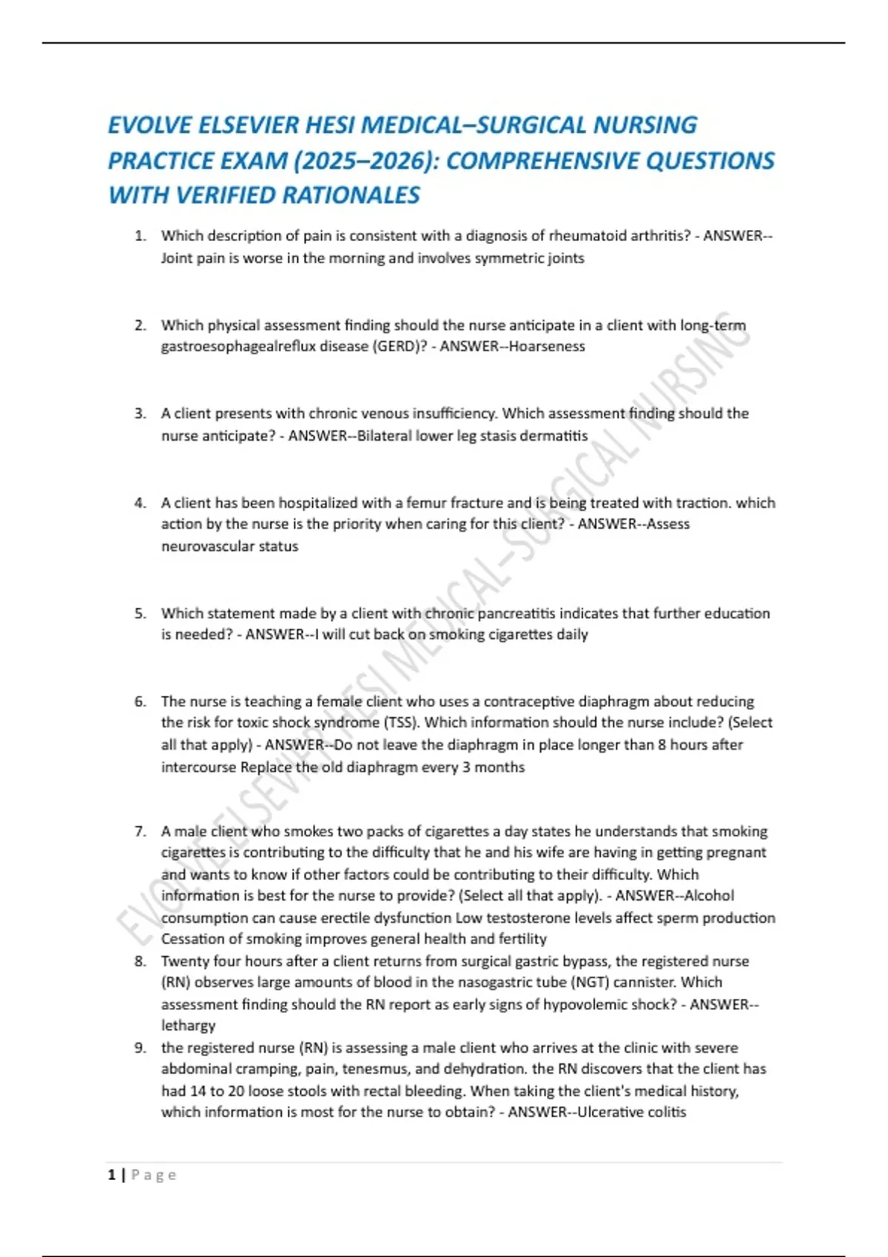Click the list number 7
(140, 831)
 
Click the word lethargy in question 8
(189, 1026)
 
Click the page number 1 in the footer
(112, 1175)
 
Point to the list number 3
(140, 413)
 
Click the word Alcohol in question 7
(709, 895)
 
